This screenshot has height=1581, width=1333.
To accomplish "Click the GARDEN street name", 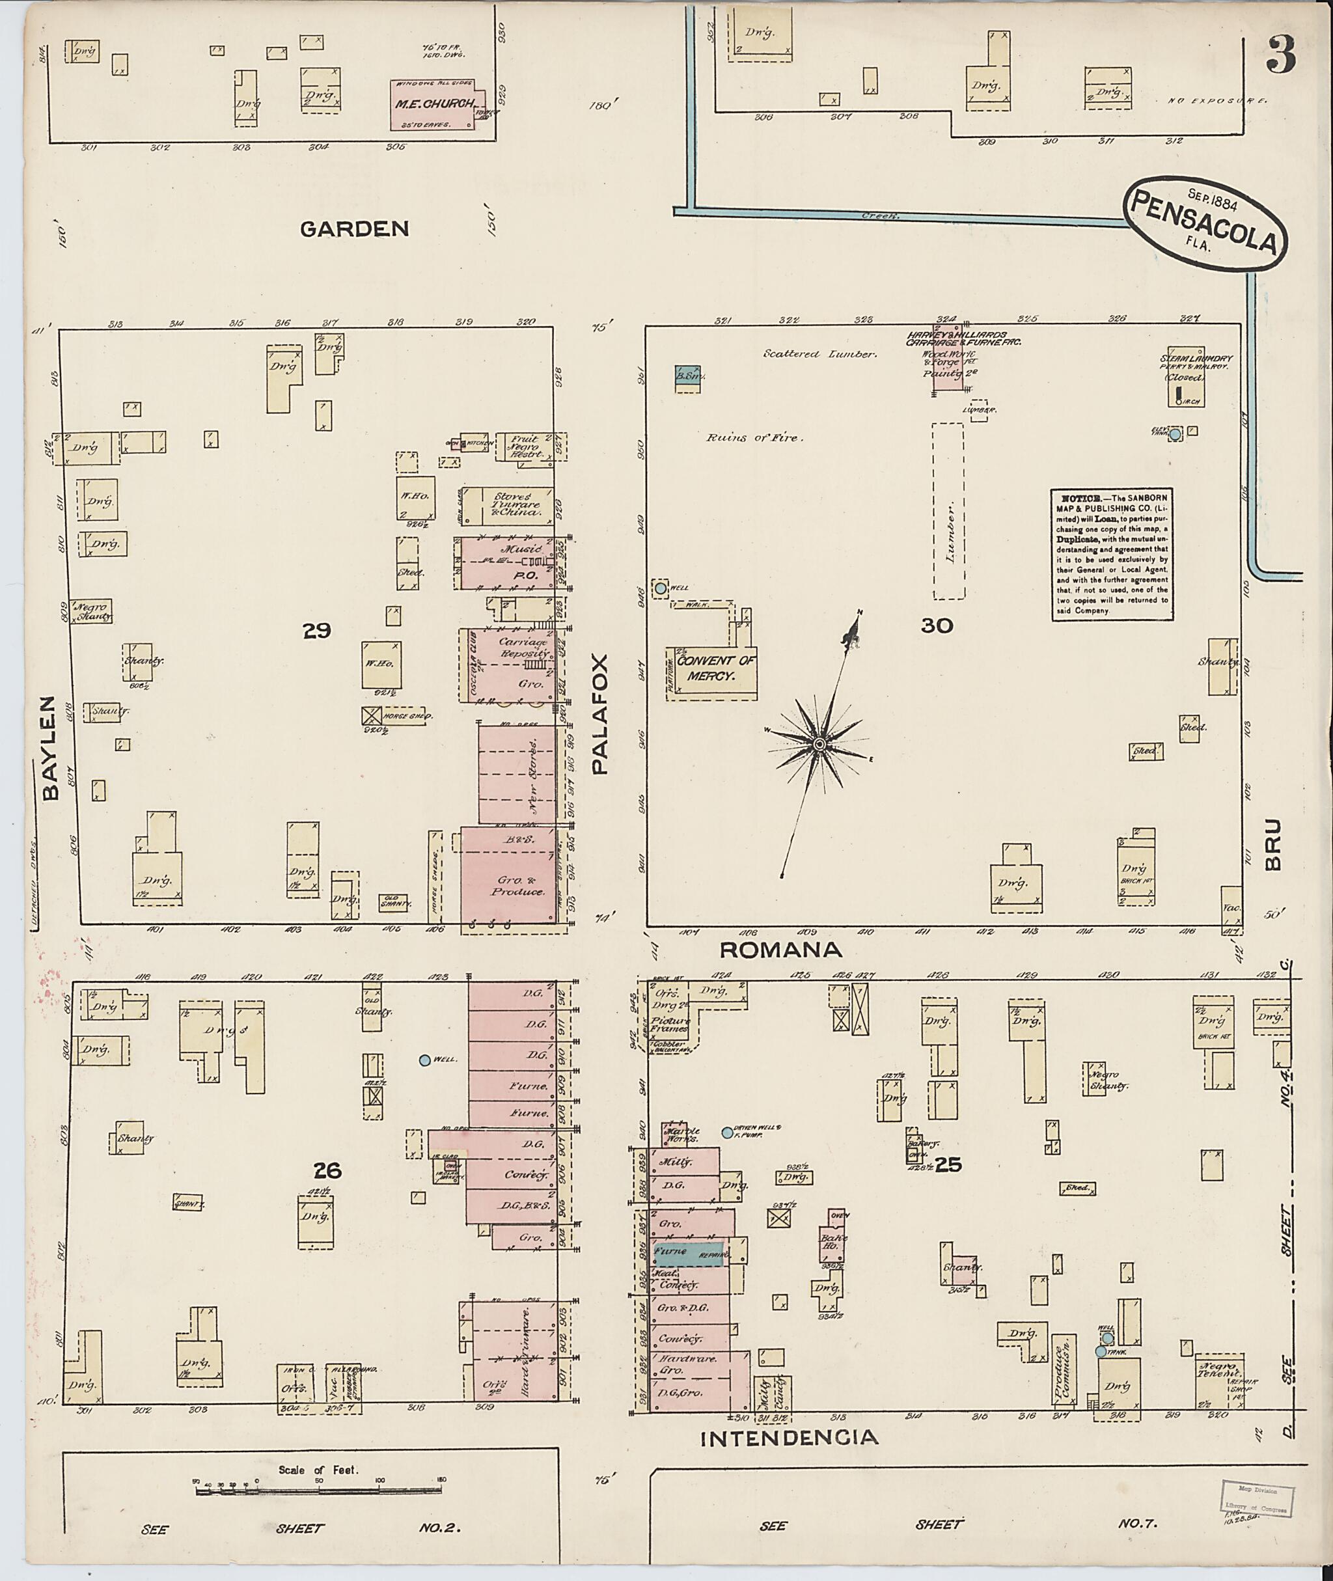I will pyautogui.click(x=355, y=228).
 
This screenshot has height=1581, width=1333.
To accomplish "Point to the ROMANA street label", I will pyautogui.click(x=780, y=950).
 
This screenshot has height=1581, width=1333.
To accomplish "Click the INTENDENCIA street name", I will pyautogui.click(x=790, y=1437).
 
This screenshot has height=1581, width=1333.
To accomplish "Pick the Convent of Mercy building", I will pyautogui.click(x=711, y=670).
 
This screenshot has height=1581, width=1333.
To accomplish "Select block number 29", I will pyautogui.click(x=316, y=630).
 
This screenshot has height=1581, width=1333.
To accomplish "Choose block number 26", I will pyautogui.click(x=328, y=1171).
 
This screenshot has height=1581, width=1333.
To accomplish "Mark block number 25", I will pyautogui.click(x=948, y=1164).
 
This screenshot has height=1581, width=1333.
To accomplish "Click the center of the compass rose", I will pyautogui.click(x=818, y=745).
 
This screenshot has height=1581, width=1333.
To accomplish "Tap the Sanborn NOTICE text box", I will pyautogui.click(x=1112, y=555).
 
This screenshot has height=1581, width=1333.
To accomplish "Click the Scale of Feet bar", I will pyautogui.click(x=318, y=1491).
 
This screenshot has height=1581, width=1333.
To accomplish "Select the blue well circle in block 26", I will pyautogui.click(x=424, y=1060).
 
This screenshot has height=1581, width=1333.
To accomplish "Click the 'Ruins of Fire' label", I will pyautogui.click(x=755, y=437).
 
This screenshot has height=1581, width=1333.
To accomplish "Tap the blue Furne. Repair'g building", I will pyautogui.click(x=689, y=1252).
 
